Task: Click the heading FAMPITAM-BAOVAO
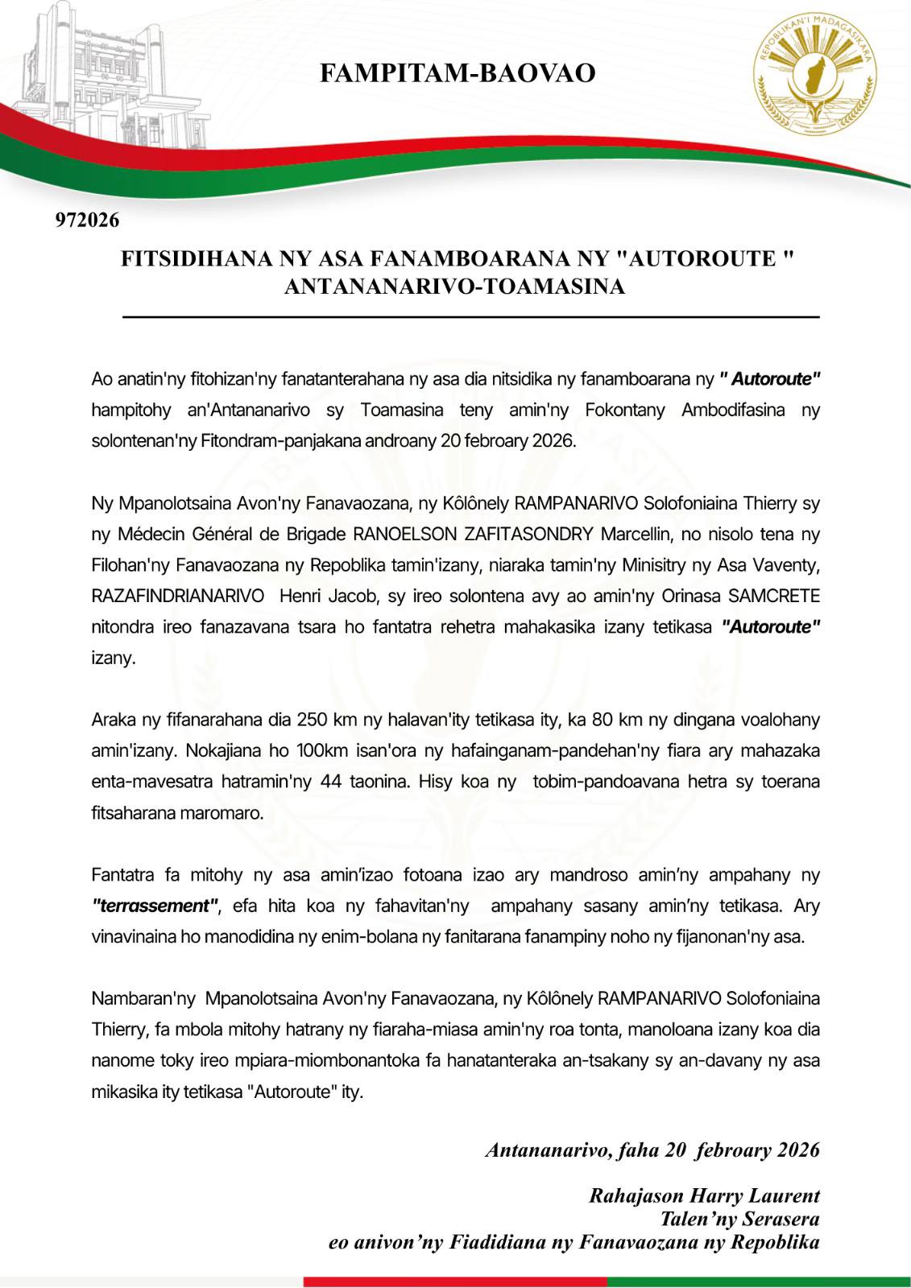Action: point(458,73)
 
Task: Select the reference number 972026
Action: point(87,219)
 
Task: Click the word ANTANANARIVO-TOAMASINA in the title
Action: point(455,287)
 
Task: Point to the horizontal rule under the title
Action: point(470,317)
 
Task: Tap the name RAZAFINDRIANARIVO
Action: point(178,596)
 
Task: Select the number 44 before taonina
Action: point(333,781)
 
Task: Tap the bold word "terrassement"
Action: point(155,906)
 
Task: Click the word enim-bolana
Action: point(452,937)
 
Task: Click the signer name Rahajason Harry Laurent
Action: point(704,1195)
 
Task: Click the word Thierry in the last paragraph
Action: point(118,1030)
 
